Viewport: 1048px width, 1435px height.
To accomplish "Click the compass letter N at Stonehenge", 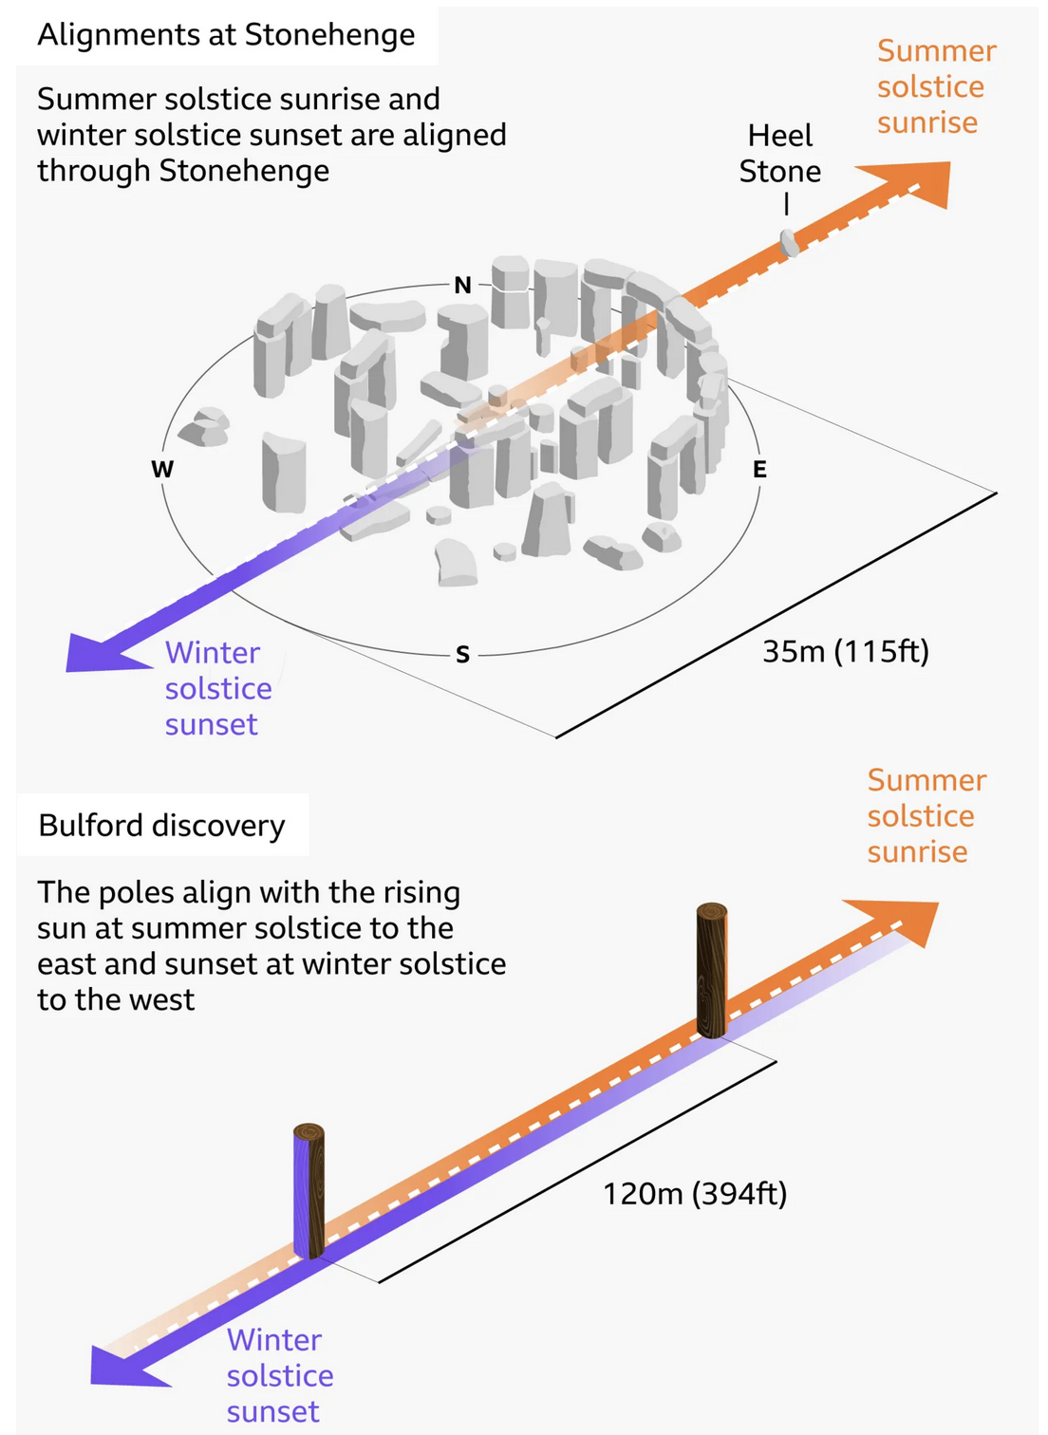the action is (462, 285).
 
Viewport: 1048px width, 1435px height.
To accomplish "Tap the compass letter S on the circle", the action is (462, 654).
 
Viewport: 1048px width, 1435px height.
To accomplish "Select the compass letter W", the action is (162, 470).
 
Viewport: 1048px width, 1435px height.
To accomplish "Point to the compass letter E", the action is (759, 470).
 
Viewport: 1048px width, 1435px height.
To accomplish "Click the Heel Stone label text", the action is (779, 153).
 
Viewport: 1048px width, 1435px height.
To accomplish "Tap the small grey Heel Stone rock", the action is (789, 243).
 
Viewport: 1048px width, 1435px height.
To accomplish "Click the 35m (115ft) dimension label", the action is (845, 651).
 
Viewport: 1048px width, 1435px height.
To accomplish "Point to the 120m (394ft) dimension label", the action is (695, 1194).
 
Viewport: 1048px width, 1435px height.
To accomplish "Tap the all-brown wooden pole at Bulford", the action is (712, 970).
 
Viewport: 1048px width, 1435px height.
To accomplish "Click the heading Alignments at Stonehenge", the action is (226, 34).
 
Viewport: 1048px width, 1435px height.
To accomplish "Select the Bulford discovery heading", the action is (161, 826).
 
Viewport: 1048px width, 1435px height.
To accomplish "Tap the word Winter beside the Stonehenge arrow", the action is (213, 653).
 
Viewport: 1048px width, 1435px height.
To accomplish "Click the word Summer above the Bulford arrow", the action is (926, 780).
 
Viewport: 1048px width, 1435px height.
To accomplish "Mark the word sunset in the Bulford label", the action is (272, 1411).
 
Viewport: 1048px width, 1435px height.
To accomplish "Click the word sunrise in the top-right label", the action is (927, 122).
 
